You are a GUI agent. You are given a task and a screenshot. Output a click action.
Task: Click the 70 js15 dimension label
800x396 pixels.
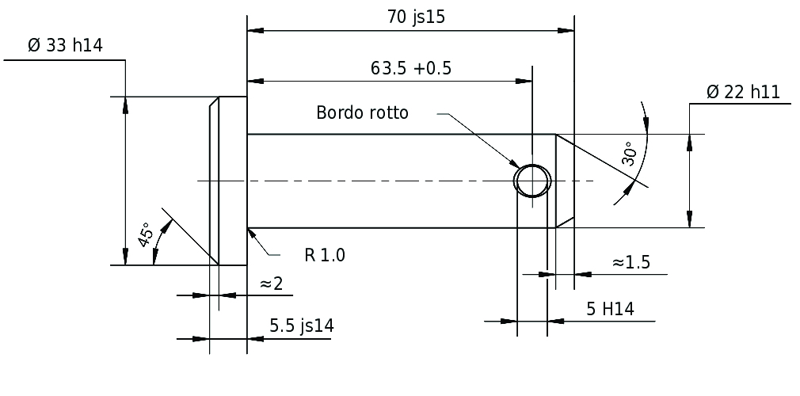tap(416, 17)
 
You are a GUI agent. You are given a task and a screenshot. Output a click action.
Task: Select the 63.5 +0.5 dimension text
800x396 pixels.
tap(411, 68)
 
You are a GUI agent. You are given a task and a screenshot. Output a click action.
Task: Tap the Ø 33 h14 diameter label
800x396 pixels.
tap(65, 45)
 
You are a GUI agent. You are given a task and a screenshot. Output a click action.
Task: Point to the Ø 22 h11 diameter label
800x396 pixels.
tap(744, 93)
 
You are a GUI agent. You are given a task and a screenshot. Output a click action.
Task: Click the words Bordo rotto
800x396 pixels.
tap(362, 112)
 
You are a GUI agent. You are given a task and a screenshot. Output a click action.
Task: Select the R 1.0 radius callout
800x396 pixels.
tap(325, 255)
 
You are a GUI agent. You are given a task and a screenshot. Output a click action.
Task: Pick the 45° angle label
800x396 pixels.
tap(146, 234)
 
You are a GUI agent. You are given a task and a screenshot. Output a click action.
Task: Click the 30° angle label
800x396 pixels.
tap(630, 154)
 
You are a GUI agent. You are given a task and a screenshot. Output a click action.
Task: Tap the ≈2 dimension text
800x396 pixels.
tap(271, 284)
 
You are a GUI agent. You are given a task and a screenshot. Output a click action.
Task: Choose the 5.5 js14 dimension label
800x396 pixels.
tap(302, 326)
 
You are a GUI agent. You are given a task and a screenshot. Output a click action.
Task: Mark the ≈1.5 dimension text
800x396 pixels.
tap(631, 262)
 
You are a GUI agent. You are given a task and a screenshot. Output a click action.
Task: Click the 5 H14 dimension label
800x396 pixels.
tap(610, 309)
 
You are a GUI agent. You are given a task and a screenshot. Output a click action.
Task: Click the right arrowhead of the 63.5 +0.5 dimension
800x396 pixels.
tap(524, 81)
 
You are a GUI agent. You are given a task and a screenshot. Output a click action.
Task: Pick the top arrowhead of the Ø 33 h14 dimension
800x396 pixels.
tap(125, 105)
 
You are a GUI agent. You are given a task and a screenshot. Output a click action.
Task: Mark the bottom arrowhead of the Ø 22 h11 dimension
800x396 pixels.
tap(690, 219)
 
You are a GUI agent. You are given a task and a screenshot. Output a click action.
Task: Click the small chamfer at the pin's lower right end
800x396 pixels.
tap(566, 223)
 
